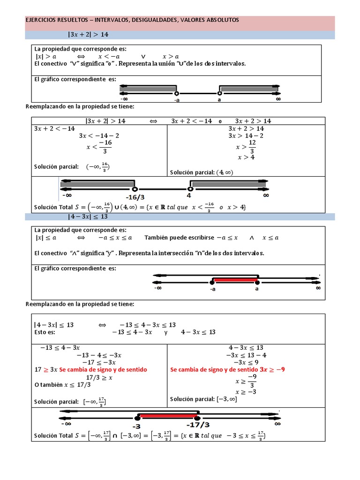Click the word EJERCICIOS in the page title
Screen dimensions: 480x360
40,20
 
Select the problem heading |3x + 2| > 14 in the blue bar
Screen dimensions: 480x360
89,35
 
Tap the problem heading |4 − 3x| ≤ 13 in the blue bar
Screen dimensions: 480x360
88,217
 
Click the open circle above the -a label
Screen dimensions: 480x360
176,93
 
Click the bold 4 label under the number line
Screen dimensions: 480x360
189,195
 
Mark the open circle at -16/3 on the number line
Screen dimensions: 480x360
135,189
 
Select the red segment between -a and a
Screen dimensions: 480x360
234,280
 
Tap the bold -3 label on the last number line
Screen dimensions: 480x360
136,426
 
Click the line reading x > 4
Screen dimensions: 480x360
246,157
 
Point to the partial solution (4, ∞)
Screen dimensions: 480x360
225,172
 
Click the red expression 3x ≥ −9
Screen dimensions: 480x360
270,369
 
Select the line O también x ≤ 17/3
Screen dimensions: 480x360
62,385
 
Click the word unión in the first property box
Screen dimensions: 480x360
166,63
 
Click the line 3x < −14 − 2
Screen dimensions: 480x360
99,136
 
